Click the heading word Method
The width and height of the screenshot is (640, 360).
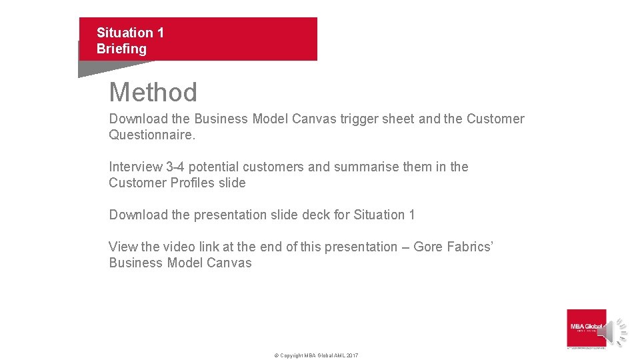pyautogui.click(x=153, y=92)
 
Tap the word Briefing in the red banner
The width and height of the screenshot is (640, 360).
pyautogui.click(x=121, y=49)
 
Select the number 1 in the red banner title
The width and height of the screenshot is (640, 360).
pyautogui.click(x=160, y=33)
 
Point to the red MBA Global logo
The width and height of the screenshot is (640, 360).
pyautogui.click(x=586, y=327)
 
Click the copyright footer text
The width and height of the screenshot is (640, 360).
pyautogui.click(x=316, y=355)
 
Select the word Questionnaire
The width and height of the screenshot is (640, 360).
pyautogui.click(x=151, y=135)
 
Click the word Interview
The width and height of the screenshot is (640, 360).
pyautogui.click(x=135, y=167)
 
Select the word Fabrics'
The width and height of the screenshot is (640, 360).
pyautogui.click(x=469, y=247)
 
